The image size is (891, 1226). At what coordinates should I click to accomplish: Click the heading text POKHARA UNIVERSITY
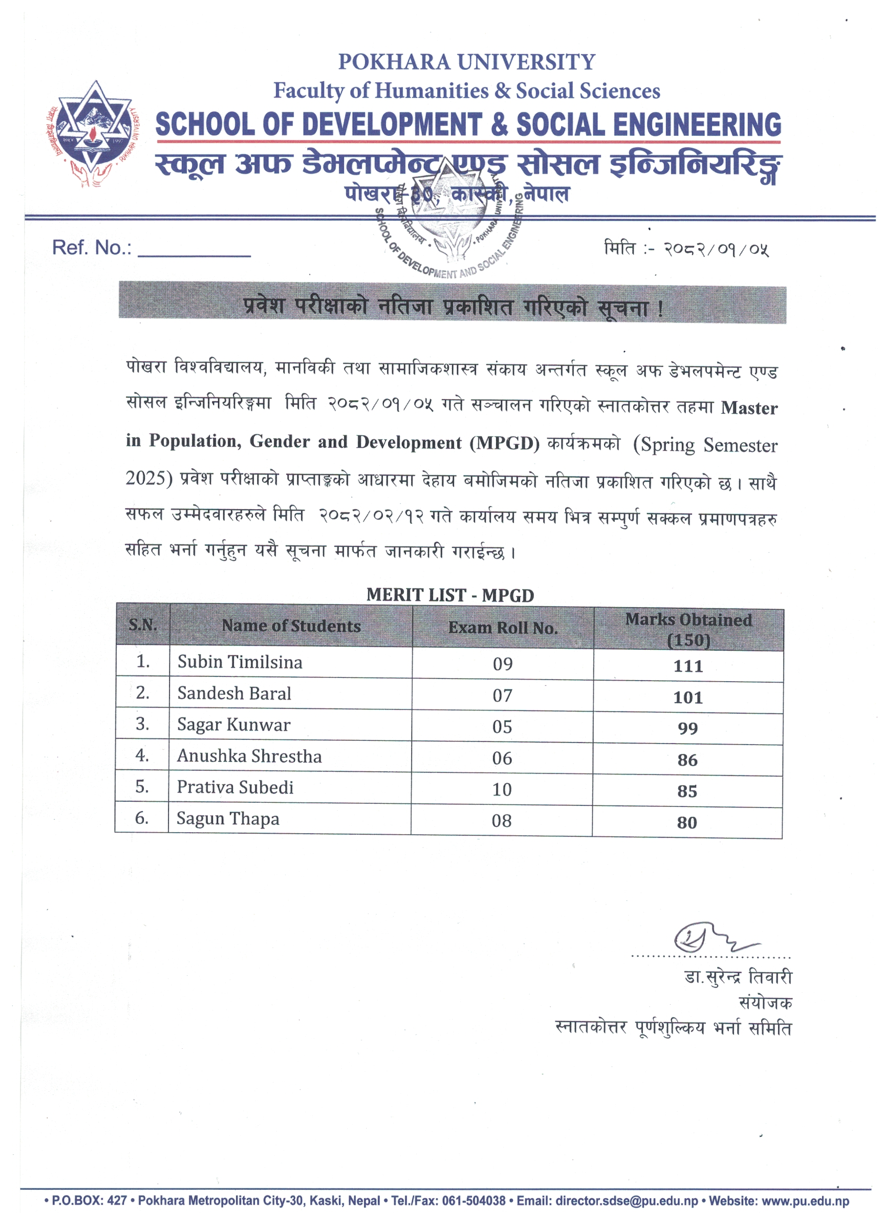466,62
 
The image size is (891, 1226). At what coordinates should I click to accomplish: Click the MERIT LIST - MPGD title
450,595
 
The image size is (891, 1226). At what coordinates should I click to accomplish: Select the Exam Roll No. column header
503,628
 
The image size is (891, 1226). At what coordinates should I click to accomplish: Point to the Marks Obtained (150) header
688,629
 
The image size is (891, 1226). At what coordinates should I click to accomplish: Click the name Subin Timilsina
240,662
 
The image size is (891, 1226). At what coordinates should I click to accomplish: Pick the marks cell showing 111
688,666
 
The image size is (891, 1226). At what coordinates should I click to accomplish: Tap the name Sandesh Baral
234,694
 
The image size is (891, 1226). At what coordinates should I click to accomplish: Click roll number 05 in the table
502,727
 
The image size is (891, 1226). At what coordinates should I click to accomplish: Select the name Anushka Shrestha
249,756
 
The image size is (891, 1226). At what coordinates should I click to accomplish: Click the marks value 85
687,791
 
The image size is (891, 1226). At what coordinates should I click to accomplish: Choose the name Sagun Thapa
227,819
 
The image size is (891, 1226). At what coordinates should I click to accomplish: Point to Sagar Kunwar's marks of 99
687,729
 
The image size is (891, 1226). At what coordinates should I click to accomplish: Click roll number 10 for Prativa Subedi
502,790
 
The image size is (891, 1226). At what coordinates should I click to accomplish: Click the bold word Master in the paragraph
749,408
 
